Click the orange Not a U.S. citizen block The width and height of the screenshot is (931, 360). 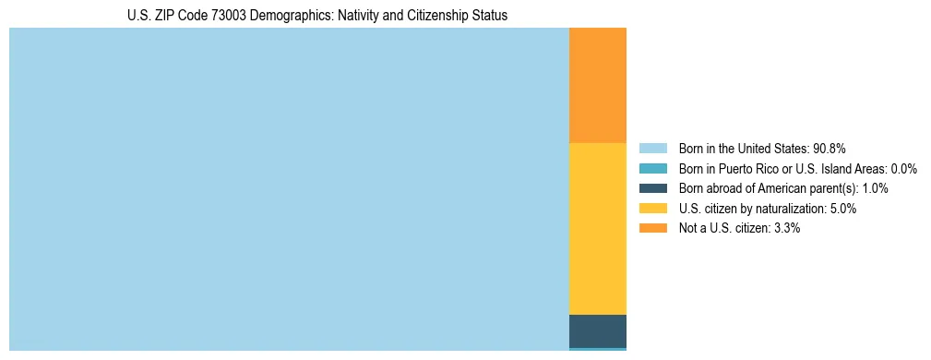pyautogui.click(x=598, y=85)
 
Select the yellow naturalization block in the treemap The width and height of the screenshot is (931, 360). pyautogui.click(x=598, y=229)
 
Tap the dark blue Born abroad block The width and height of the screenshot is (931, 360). pyautogui.click(x=598, y=330)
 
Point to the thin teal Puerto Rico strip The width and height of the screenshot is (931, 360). pyautogui.click(x=598, y=349)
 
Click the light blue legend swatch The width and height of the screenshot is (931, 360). pyautogui.click(x=652, y=148)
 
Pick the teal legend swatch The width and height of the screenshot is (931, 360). pyautogui.click(x=652, y=168)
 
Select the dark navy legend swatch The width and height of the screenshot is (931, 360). pyautogui.click(x=652, y=188)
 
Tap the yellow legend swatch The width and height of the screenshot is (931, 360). pyautogui.click(x=652, y=209)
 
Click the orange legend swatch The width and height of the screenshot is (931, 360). pyautogui.click(x=652, y=228)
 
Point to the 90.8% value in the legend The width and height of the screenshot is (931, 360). pyautogui.click(x=830, y=148)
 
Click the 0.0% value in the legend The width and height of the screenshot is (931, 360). pyautogui.click(x=903, y=168)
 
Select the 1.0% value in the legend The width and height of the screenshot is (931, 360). pyautogui.click(x=875, y=188)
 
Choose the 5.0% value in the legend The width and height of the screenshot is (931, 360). pyautogui.click(x=843, y=209)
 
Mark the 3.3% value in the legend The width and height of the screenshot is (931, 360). pyautogui.click(x=787, y=228)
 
